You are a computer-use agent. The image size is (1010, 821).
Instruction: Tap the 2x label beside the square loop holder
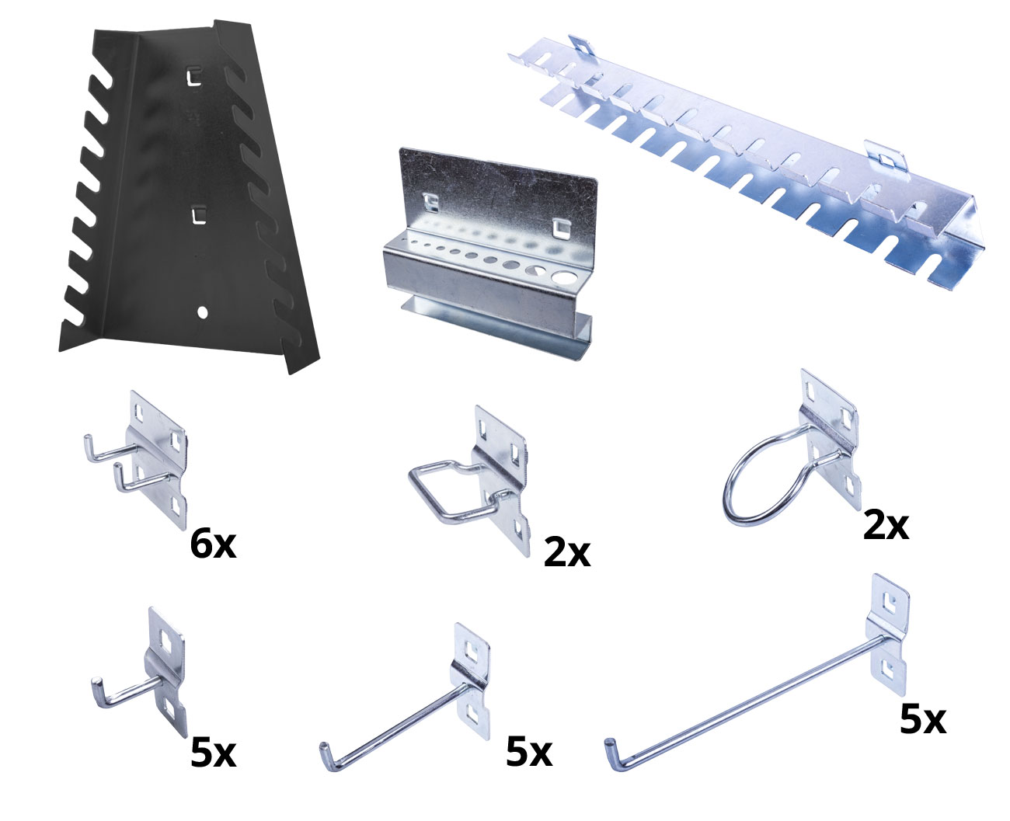(x=567, y=552)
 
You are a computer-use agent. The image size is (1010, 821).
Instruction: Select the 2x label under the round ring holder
(x=886, y=525)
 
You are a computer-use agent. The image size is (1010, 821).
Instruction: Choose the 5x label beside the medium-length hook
(x=529, y=753)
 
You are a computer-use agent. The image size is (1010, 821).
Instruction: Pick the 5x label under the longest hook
(x=923, y=719)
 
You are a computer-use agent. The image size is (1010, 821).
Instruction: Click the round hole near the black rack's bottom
(x=203, y=312)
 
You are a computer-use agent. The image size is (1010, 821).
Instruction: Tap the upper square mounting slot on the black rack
(x=194, y=78)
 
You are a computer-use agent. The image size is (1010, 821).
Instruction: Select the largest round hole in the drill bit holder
(x=563, y=277)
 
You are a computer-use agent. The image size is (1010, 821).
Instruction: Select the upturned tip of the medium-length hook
(x=324, y=749)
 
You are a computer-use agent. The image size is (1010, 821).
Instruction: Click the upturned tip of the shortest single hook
(x=96, y=683)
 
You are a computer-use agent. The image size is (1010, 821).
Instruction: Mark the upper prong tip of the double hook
(x=87, y=440)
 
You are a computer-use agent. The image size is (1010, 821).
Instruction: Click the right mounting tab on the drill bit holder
(x=560, y=228)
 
